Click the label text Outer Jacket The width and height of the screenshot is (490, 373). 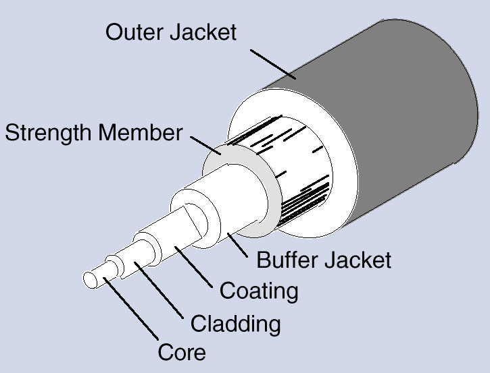pyautogui.click(x=172, y=32)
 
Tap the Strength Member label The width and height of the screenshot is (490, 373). pyautogui.click(x=94, y=133)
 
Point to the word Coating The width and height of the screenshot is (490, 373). pyautogui.click(x=259, y=291)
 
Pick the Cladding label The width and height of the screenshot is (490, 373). pyautogui.click(x=235, y=323)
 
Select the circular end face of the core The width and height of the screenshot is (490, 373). pyautogui.click(x=91, y=279)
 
